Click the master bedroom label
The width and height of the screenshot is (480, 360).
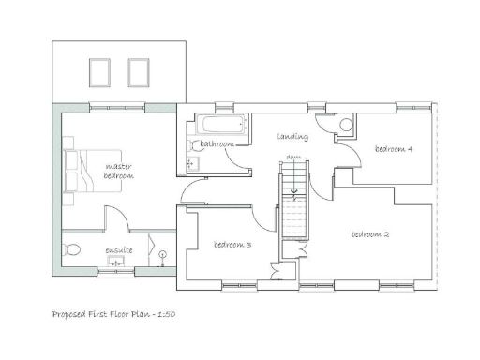(119, 172)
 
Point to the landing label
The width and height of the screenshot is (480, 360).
(292, 137)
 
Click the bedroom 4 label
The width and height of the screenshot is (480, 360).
(394, 149)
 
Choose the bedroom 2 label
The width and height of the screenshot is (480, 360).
(369, 233)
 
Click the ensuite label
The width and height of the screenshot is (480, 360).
(119, 250)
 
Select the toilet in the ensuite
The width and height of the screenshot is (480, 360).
(71, 250)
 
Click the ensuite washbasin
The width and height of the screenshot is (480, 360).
(117, 263)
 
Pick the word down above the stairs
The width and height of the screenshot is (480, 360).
(293, 157)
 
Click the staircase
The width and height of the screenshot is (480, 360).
(293, 211)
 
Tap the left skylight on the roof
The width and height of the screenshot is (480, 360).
(98, 70)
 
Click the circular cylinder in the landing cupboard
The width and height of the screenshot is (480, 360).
(345, 125)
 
